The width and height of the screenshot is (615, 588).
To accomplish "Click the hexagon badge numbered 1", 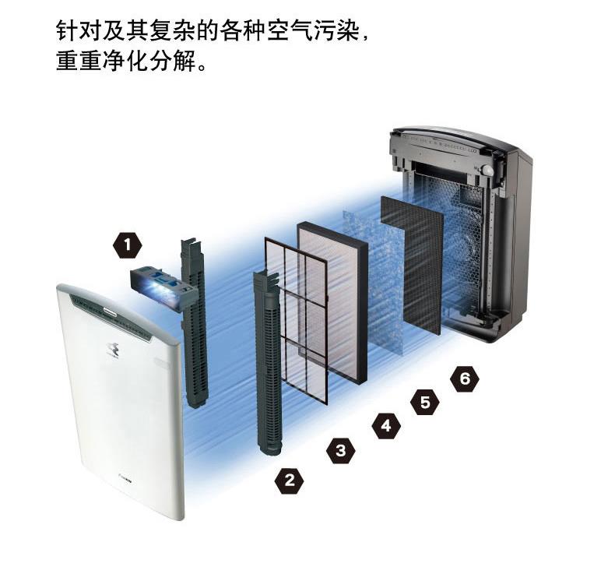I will (x=128, y=247).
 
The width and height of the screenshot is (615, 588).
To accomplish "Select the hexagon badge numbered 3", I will (x=340, y=449).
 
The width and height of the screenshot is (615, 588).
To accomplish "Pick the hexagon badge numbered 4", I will (x=385, y=426).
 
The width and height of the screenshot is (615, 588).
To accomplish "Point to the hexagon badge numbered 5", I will (x=425, y=402).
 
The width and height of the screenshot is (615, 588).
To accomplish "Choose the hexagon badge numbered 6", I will (x=465, y=379).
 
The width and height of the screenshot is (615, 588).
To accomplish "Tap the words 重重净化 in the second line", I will (x=100, y=62).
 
